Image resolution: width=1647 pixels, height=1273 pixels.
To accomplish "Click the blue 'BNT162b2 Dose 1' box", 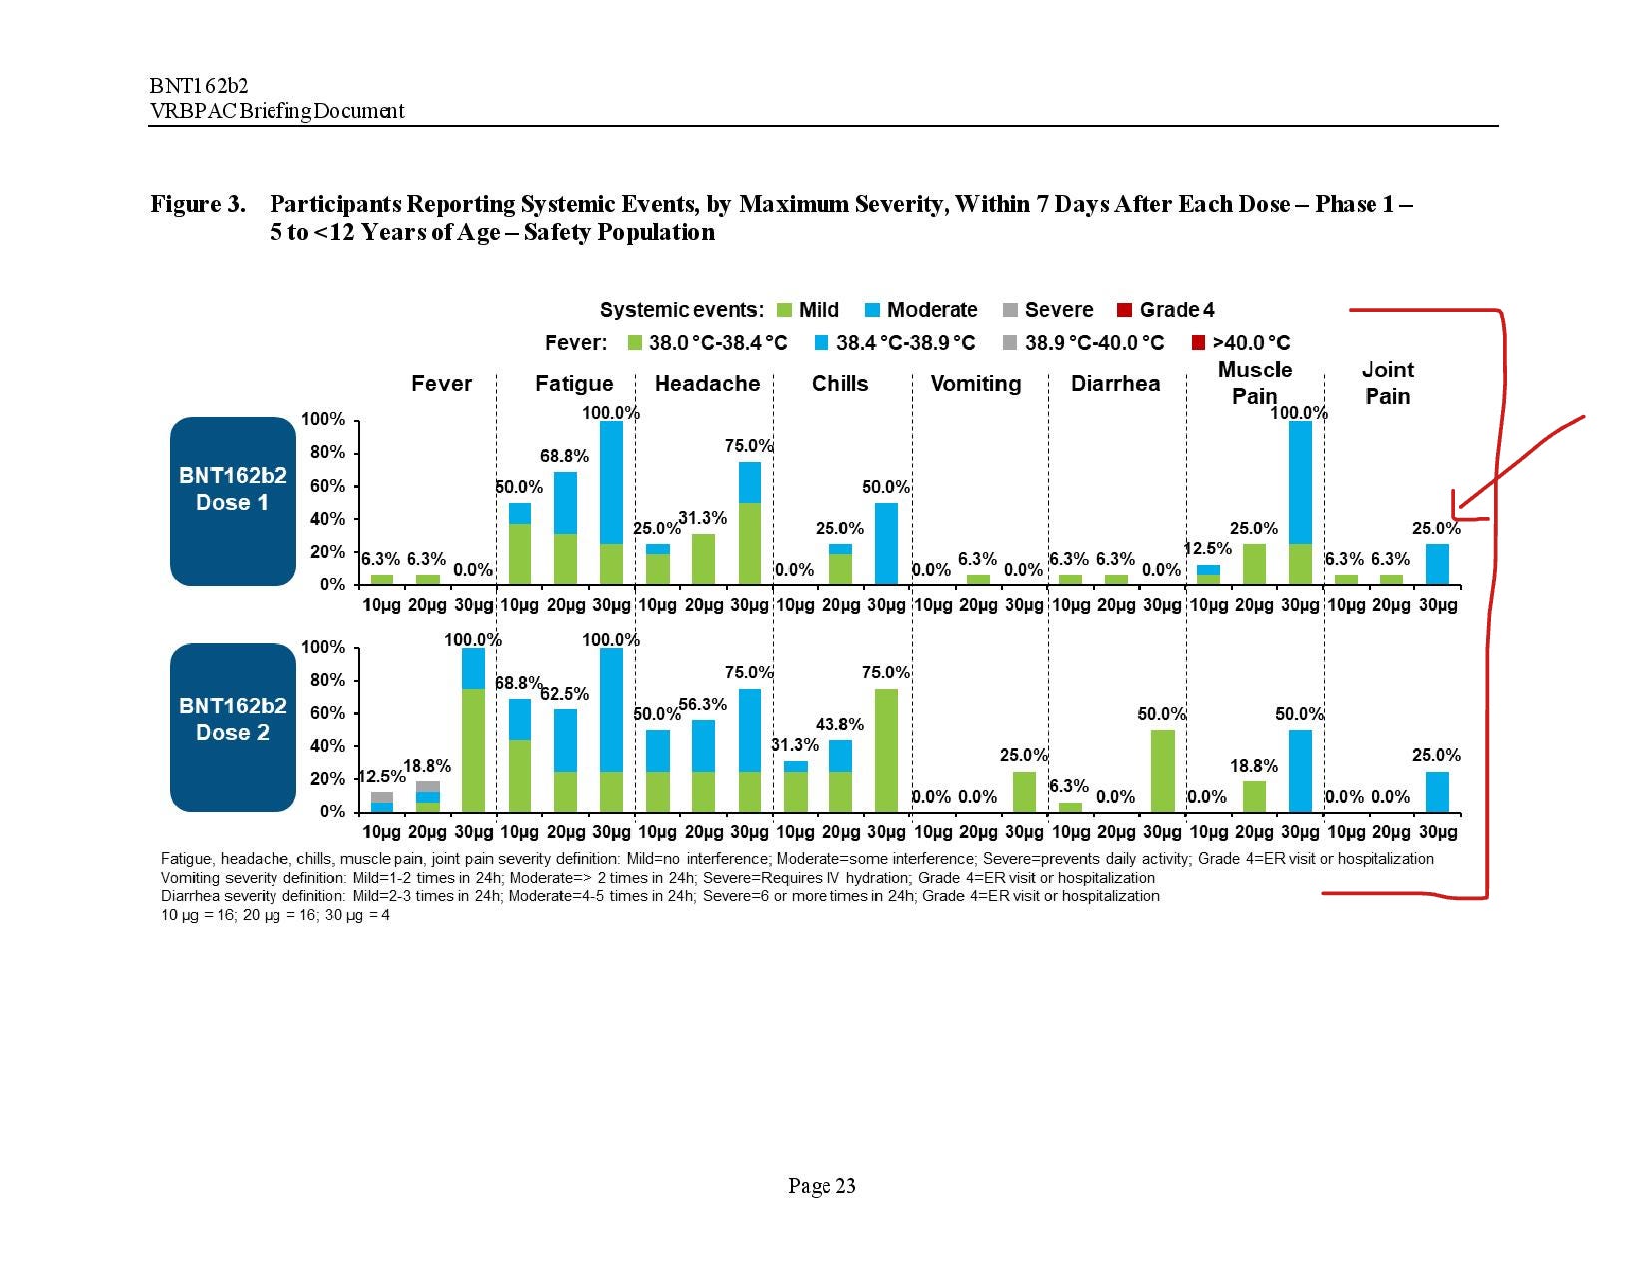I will [233, 500].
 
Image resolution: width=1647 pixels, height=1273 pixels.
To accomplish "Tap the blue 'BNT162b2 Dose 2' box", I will [233, 728].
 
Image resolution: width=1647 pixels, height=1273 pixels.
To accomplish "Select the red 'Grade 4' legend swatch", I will [1124, 310].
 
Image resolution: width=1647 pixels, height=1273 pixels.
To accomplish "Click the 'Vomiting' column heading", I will [975, 384].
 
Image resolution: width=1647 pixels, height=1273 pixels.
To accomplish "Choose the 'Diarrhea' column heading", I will [1115, 384].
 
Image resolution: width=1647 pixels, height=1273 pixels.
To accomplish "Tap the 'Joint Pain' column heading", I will [1387, 383].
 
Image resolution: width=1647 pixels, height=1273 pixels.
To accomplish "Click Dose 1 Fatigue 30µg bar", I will [611, 502].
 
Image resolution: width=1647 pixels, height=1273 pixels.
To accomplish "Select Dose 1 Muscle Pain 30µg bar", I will [1300, 502].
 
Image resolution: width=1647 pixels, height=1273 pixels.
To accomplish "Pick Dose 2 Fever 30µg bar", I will [473, 730].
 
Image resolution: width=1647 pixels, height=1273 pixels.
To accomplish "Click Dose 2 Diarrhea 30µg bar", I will [1162, 771].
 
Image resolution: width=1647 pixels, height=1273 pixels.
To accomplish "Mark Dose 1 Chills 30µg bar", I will [886, 543].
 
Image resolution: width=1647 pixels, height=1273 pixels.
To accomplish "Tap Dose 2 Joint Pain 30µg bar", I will [1437, 791].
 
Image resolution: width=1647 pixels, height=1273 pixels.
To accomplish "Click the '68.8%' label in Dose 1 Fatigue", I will [564, 456].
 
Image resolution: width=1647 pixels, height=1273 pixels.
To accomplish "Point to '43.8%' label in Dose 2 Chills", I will [839, 724].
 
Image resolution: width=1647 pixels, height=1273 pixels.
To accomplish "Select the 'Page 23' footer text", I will [822, 1186].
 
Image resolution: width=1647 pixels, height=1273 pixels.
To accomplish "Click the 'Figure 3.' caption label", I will [198, 205].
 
